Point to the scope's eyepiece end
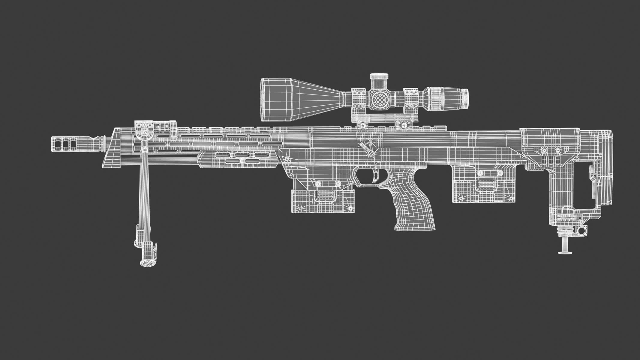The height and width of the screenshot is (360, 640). [464, 98]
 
